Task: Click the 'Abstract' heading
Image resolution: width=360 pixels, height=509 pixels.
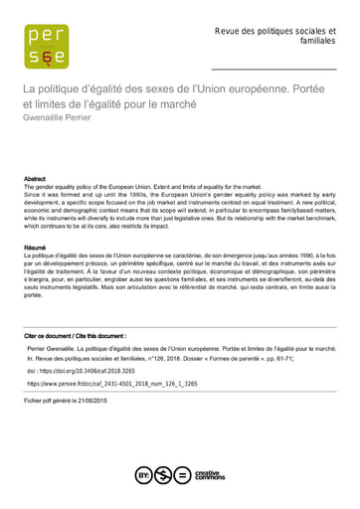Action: [35, 179]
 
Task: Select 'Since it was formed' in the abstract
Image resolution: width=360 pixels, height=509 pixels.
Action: [54, 194]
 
